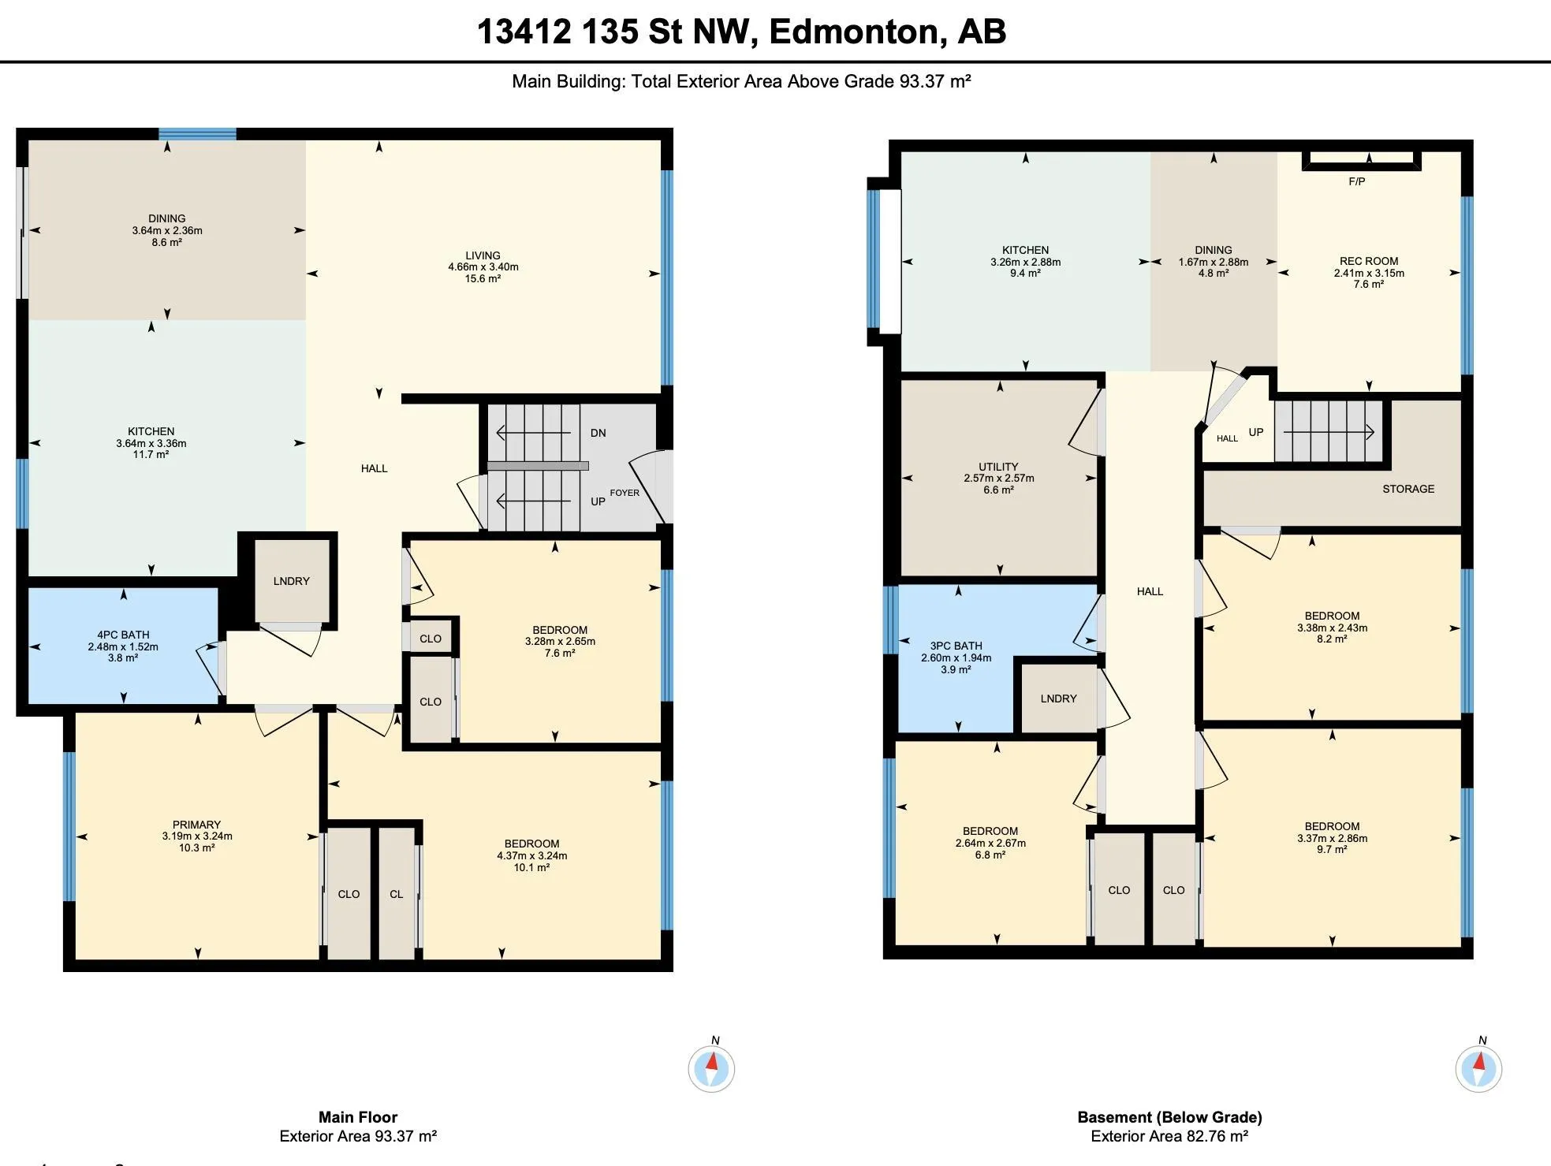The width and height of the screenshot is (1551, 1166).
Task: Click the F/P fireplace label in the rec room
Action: pyautogui.click(x=1356, y=181)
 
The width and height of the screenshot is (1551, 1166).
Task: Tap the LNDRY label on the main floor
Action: pyautogui.click(x=292, y=581)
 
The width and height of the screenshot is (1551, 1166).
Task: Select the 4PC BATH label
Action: pyautogui.click(x=123, y=635)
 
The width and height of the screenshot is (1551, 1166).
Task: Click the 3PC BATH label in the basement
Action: pyautogui.click(x=956, y=646)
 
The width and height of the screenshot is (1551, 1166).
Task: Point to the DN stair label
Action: pyautogui.click(x=598, y=433)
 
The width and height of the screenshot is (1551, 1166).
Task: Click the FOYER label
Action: pyautogui.click(x=625, y=493)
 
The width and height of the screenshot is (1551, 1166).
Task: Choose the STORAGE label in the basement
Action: pyautogui.click(x=1408, y=489)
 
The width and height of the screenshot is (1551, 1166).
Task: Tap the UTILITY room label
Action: pyautogui.click(x=998, y=467)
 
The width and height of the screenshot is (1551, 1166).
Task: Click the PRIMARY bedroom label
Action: pyautogui.click(x=197, y=825)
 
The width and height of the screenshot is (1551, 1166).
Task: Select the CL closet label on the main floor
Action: pyautogui.click(x=397, y=894)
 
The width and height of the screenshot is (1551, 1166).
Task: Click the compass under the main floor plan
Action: pyautogui.click(x=712, y=1068)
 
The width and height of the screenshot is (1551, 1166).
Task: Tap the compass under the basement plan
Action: pyautogui.click(x=1478, y=1068)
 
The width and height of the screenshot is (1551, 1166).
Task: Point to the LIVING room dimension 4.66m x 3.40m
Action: pyautogui.click(x=483, y=267)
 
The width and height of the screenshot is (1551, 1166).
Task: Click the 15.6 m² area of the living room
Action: pyautogui.click(x=483, y=278)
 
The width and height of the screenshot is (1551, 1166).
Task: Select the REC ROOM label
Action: pyautogui.click(x=1369, y=261)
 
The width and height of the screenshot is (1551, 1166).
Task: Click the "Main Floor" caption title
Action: pyautogui.click(x=358, y=1117)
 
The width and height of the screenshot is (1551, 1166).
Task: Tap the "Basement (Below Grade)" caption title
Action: pyautogui.click(x=1169, y=1117)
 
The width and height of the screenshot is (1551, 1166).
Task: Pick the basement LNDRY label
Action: pyautogui.click(x=1058, y=698)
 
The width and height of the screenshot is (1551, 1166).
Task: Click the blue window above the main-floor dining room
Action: pyautogui.click(x=197, y=134)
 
